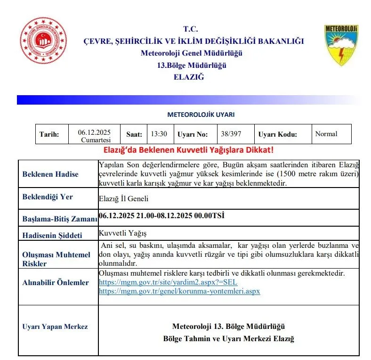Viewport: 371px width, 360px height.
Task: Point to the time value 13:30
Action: (x=159, y=134)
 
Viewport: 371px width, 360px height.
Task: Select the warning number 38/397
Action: (x=231, y=134)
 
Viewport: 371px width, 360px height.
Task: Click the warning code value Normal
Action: (x=326, y=134)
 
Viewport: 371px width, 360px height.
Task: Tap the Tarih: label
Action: (x=49, y=134)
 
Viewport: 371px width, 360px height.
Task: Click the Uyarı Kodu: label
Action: (x=278, y=134)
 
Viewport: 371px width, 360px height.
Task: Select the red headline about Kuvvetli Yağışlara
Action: (x=188, y=150)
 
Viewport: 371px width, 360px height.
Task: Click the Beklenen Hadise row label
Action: (x=50, y=174)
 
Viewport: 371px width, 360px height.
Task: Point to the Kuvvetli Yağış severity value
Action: (x=120, y=233)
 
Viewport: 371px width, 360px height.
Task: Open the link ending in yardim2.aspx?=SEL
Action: (x=168, y=282)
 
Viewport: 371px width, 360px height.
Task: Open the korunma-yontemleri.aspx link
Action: (x=179, y=291)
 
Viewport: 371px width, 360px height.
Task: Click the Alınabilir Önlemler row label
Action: (x=56, y=283)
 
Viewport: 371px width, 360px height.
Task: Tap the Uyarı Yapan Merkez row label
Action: (x=55, y=327)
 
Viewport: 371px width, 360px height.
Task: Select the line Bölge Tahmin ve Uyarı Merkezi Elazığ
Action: (x=228, y=339)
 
